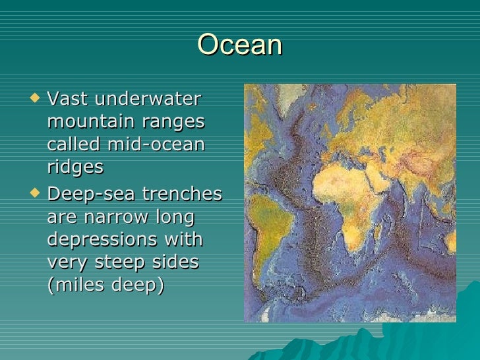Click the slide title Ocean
coord(239,45)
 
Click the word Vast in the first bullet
coord(69,100)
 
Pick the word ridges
coord(75,167)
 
